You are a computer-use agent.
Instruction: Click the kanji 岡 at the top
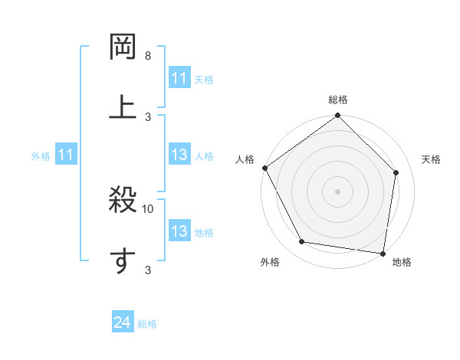click(123, 46)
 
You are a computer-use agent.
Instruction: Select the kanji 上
click(123, 106)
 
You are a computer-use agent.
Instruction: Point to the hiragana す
click(123, 261)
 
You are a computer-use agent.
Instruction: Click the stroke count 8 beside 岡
click(148, 57)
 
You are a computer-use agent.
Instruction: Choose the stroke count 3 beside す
click(148, 270)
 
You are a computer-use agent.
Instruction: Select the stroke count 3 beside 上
click(148, 116)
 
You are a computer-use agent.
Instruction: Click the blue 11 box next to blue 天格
click(179, 78)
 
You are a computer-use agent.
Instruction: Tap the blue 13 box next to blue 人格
click(179, 155)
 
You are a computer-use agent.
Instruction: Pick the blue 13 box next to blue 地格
click(179, 231)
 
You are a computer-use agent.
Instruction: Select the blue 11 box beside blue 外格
click(65, 155)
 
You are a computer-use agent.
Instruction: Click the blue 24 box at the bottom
click(123, 323)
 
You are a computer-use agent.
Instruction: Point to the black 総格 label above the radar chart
click(338, 100)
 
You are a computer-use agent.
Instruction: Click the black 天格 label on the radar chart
click(431, 159)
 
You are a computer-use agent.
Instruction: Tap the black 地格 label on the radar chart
click(402, 263)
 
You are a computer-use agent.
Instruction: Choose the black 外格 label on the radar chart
click(270, 263)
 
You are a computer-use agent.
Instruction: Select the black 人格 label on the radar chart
click(245, 159)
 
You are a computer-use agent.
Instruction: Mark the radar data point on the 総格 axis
click(338, 116)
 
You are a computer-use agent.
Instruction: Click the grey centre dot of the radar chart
click(338, 191)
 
